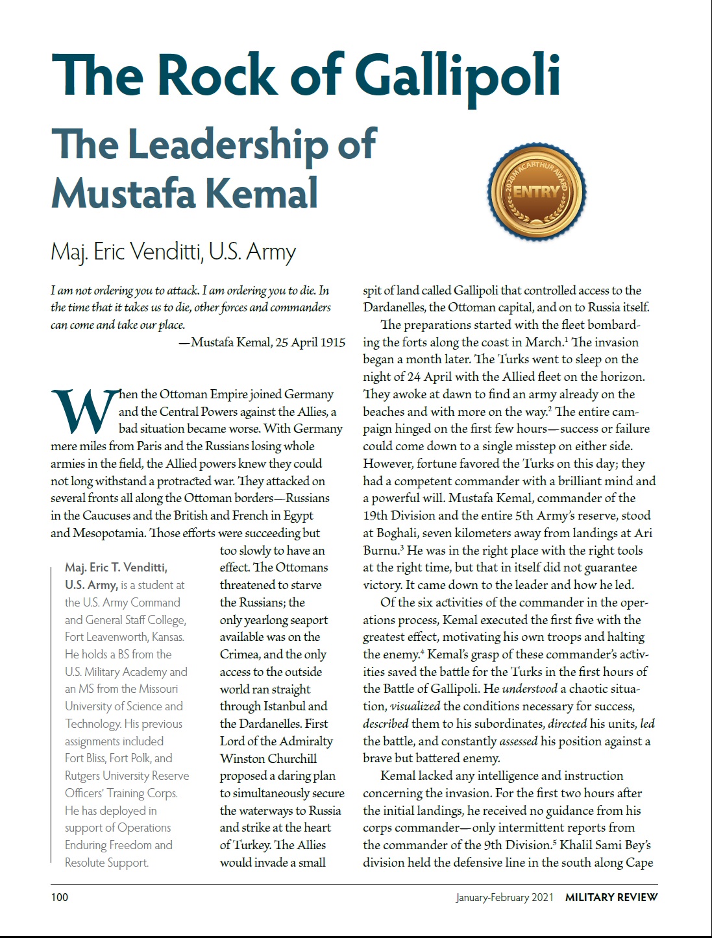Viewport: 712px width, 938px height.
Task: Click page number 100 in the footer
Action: click(59, 897)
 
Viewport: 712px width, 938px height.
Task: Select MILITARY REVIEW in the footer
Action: click(611, 897)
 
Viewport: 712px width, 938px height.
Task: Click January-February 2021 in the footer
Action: click(504, 897)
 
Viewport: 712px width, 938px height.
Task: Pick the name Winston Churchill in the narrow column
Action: click(268, 758)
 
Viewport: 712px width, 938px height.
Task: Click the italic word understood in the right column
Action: click(530, 689)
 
